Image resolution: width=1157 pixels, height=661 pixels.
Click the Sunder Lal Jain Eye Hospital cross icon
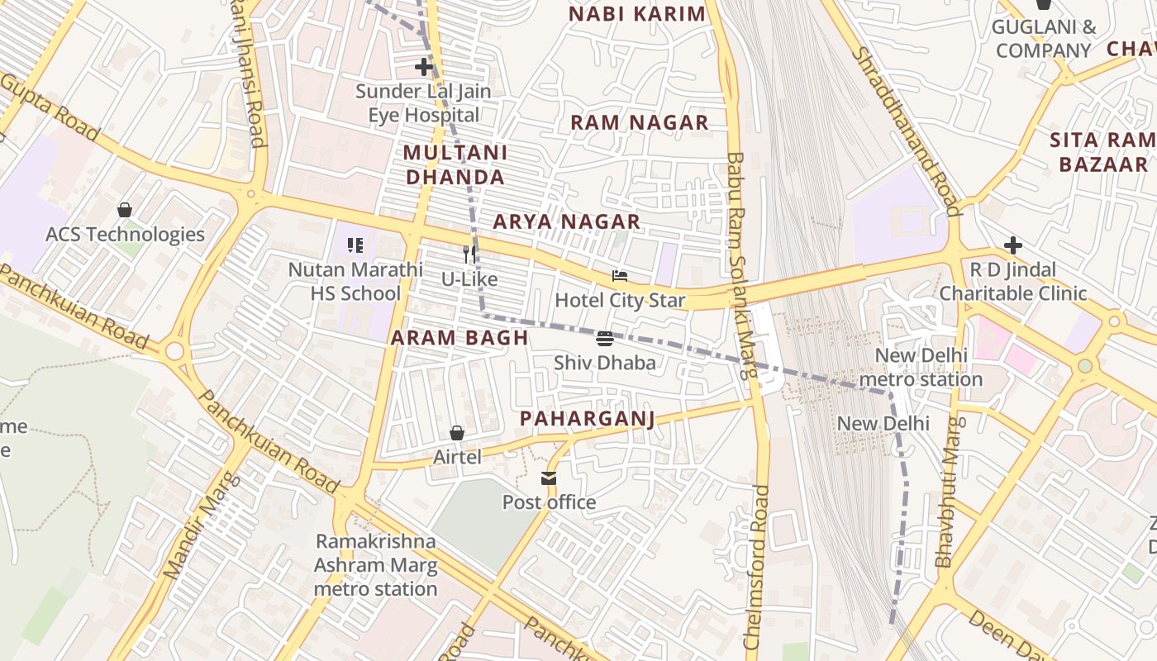(424, 67)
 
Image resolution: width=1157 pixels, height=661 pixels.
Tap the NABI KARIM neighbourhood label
(637, 14)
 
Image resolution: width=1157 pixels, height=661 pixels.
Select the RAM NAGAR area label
(639, 123)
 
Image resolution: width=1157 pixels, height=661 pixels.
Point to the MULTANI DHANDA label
(455, 164)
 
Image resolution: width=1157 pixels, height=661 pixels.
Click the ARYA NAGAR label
(566, 221)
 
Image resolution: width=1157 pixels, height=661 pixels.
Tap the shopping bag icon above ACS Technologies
(125, 210)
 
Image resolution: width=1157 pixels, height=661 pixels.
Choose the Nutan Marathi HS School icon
(355, 245)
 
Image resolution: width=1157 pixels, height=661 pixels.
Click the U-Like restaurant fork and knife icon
(469, 254)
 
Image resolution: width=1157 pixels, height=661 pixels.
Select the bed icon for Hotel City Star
(620, 276)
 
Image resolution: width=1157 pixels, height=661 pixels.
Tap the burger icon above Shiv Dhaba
(605, 339)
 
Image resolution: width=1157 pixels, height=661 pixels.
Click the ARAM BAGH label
(459, 337)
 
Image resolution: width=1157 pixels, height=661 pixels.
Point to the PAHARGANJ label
(587, 419)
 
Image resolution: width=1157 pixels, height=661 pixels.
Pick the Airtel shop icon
(456, 433)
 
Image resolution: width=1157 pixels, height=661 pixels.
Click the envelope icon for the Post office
(549, 478)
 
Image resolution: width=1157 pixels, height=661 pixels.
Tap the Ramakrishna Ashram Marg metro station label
(375, 565)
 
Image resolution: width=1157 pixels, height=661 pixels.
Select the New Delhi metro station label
(921, 368)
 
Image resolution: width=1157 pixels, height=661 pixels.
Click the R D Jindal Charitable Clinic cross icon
(1012, 245)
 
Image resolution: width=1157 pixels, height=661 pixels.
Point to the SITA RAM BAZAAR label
(1102, 152)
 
